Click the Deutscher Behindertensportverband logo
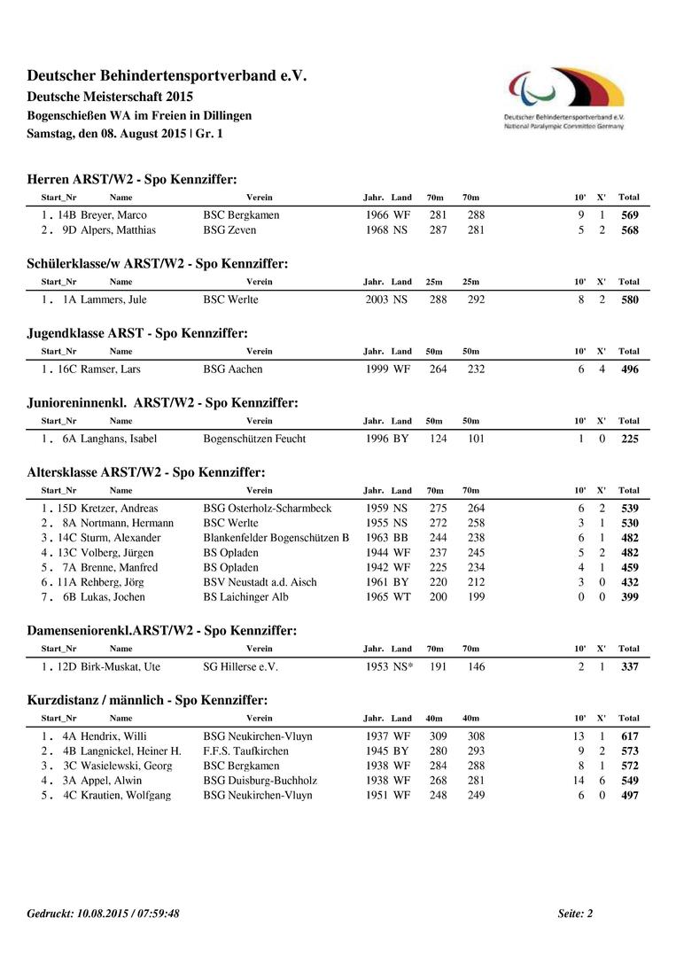click(564, 97)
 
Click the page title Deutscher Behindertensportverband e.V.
click(167, 76)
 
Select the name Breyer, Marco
click(113, 215)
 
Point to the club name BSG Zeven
click(229, 230)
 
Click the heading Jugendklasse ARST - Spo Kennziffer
click(137, 333)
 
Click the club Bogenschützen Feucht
click(254, 439)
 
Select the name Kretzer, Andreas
click(119, 509)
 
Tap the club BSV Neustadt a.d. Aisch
click(260, 582)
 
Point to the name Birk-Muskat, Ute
click(120, 666)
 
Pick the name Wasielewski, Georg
click(126, 766)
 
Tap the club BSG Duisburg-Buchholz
click(260, 781)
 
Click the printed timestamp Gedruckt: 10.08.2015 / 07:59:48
click(104, 914)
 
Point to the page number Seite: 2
click(575, 914)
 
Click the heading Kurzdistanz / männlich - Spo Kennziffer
click(147, 701)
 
